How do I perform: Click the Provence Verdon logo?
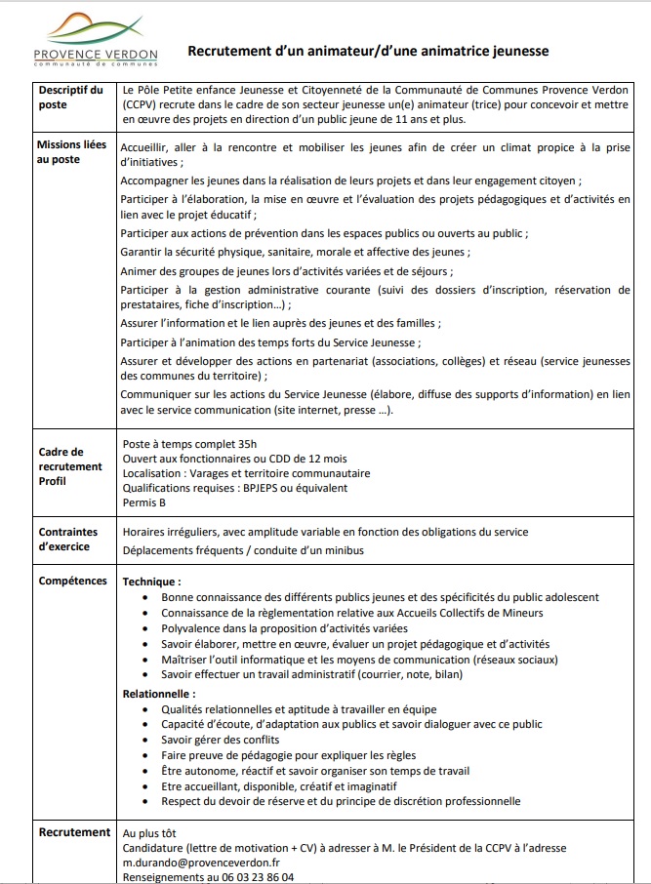tap(95, 40)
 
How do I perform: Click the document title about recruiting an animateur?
tap(368, 50)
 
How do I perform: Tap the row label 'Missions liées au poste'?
tap(72, 152)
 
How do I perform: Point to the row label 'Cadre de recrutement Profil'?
tap(70, 466)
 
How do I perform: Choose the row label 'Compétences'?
tap(72, 581)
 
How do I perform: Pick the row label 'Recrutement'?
tap(74, 832)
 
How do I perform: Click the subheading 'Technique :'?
tap(151, 582)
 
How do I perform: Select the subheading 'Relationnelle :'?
tap(158, 693)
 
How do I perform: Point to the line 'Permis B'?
tap(144, 502)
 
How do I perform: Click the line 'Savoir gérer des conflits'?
tap(222, 739)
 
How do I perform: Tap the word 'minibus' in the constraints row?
tap(343, 550)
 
